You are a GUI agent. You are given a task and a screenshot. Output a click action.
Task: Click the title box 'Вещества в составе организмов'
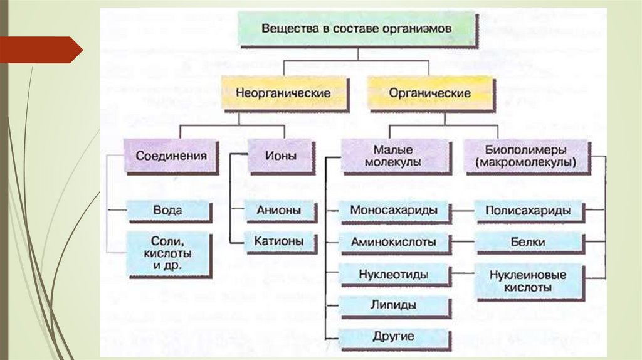pos(356,29)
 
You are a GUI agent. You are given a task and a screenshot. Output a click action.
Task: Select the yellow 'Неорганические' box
pos(283,93)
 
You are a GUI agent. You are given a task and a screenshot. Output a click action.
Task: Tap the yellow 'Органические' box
pos(429,93)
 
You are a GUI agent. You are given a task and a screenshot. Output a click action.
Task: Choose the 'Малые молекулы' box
pos(396,156)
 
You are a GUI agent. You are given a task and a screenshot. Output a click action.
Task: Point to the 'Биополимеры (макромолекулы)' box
pos(526,156)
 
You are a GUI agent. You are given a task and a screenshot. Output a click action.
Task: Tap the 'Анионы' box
pos(278,210)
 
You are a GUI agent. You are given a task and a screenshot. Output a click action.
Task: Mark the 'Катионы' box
pos(278,240)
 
